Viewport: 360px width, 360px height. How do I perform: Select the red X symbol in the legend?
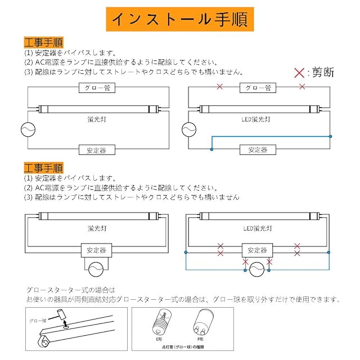pos(299,73)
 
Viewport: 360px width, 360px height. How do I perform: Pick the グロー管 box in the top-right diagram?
pos(259,88)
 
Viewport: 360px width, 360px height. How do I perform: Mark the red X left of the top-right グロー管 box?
pos(220,87)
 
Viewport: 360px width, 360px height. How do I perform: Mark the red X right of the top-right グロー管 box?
pos(303,87)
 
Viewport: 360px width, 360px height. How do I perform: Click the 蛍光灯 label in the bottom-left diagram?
pos(94,229)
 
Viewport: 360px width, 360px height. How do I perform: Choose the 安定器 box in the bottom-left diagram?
pos(96,249)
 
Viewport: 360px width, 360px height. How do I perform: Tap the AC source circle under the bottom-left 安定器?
pos(96,269)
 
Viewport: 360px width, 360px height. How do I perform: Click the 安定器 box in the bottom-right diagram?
pos(257,249)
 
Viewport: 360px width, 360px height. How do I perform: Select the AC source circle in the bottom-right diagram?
pos(257,271)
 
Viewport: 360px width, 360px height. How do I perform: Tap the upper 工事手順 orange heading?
pos(43,42)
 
